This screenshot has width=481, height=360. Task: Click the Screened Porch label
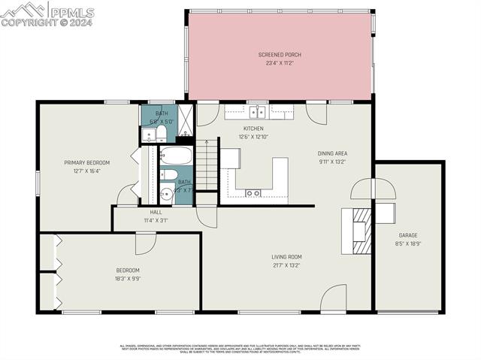(x=280, y=55)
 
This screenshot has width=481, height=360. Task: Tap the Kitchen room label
(x=253, y=129)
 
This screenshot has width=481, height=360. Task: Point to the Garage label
(x=408, y=235)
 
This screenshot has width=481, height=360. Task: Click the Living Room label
(x=286, y=257)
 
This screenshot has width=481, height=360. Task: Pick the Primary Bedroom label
(x=86, y=162)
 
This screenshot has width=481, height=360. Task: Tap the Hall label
(x=156, y=213)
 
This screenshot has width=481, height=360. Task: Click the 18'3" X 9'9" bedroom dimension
(x=127, y=278)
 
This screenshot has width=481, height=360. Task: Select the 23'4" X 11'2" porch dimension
(x=280, y=63)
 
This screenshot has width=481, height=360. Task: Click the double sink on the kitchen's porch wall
(x=258, y=112)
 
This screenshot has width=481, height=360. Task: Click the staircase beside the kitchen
(x=207, y=165)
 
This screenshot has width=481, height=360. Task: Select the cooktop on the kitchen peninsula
(x=253, y=193)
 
